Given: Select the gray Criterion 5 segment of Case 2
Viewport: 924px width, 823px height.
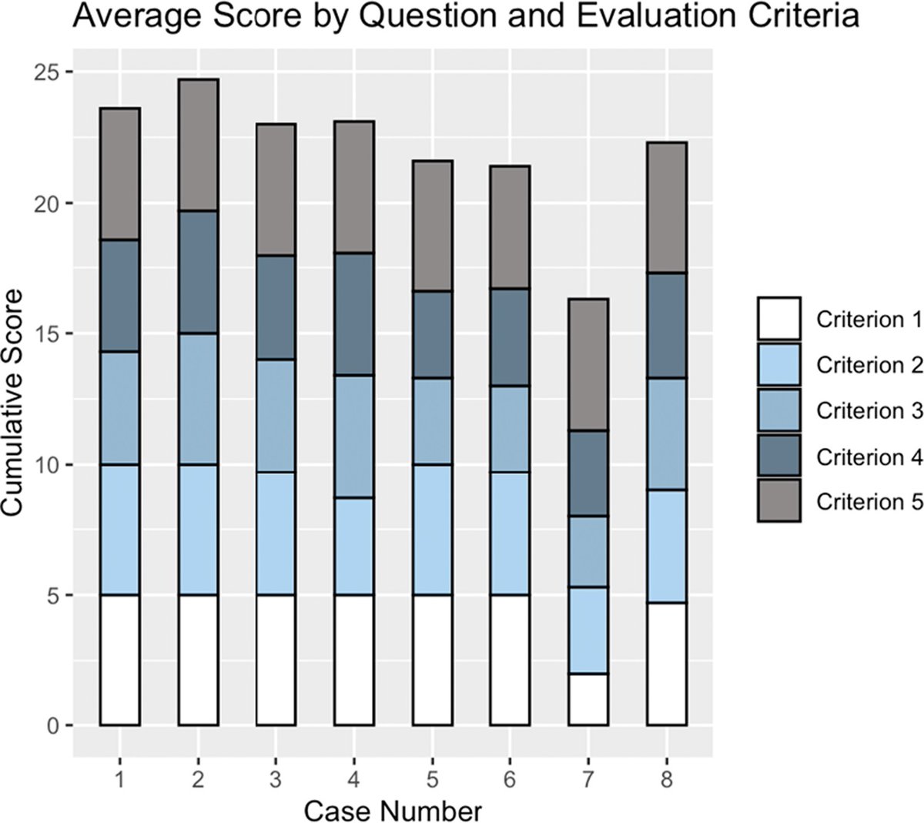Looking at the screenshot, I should click(198, 145).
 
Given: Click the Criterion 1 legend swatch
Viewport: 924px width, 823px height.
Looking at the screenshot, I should click(778, 319).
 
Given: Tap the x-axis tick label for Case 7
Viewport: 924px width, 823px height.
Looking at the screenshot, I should click(588, 779).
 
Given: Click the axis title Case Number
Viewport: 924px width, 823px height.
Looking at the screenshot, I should click(393, 810).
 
